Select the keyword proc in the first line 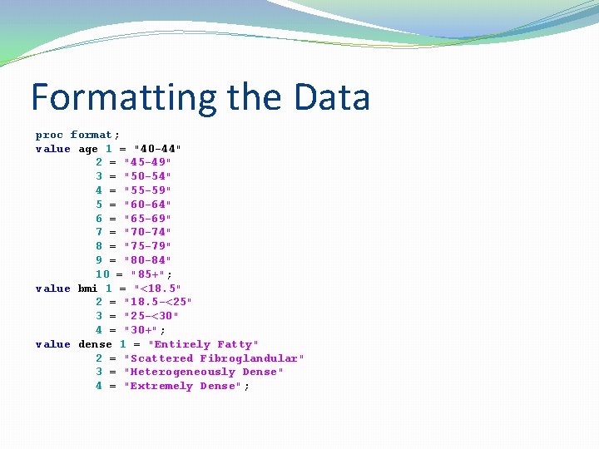(49, 135)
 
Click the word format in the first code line (92, 135)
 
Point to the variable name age (88, 149)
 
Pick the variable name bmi (88, 289)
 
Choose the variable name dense (95, 344)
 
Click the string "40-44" (157, 149)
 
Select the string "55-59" (147, 190)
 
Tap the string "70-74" (147, 232)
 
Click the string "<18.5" (157, 289)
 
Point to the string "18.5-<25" (157, 302)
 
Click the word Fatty (237, 344)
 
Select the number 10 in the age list (102, 274)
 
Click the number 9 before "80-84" (99, 260)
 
